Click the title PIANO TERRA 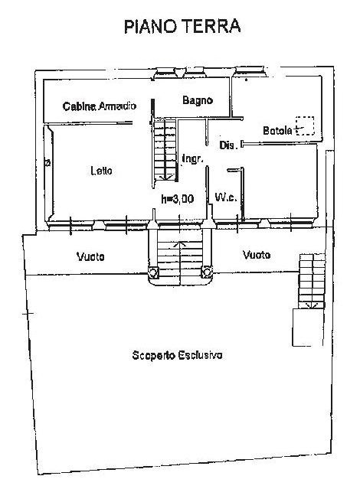coord(182,26)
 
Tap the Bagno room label coord(198,100)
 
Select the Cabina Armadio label coord(100,106)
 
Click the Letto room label coord(101,171)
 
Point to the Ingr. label coord(193,158)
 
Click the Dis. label coord(228,145)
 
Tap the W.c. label coord(226,197)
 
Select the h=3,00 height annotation coord(178,199)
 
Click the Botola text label coord(277,130)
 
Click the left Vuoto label coord(90,256)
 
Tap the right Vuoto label coord(257,255)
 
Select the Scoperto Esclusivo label coord(178,355)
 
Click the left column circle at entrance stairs coord(153,273)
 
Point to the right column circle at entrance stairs coord(207,272)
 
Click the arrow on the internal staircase coord(165,178)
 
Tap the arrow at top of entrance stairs coord(179,244)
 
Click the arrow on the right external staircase coord(311,305)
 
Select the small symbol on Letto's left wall coord(47,162)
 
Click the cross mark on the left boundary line coord(28,313)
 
